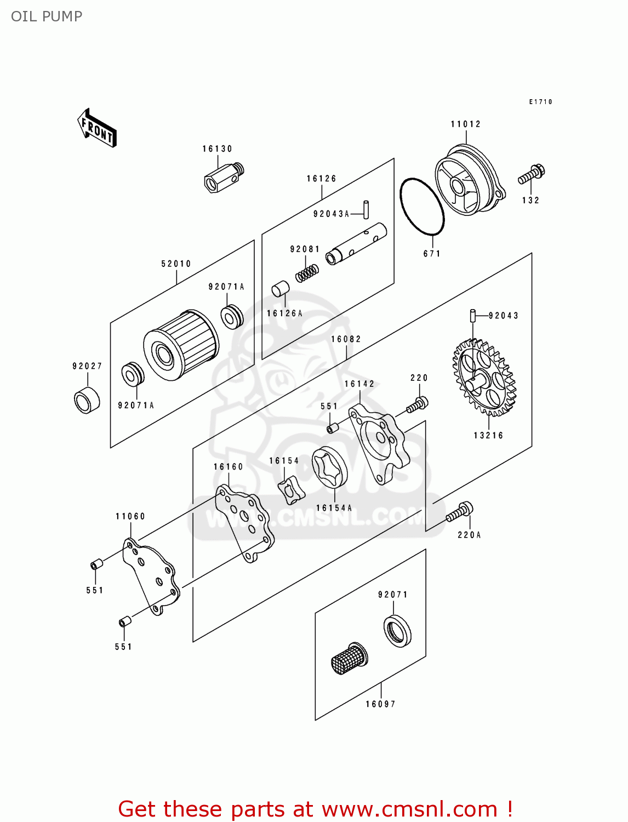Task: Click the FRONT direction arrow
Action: tap(97, 128)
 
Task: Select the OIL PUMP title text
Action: tap(47, 16)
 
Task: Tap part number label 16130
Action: tap(218, 149)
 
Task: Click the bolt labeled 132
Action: tap(531, 175)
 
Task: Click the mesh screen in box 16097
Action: tap(349, 658)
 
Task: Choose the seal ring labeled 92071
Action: tap(397, 631)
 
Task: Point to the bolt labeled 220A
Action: tap(459, 512)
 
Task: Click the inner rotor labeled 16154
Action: tap(290, 490)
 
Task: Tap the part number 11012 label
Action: tap(466, 124)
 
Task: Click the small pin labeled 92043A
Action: tap(366, 209)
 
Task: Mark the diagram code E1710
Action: tap(541, 102)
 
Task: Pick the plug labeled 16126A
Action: tap(281, 288)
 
